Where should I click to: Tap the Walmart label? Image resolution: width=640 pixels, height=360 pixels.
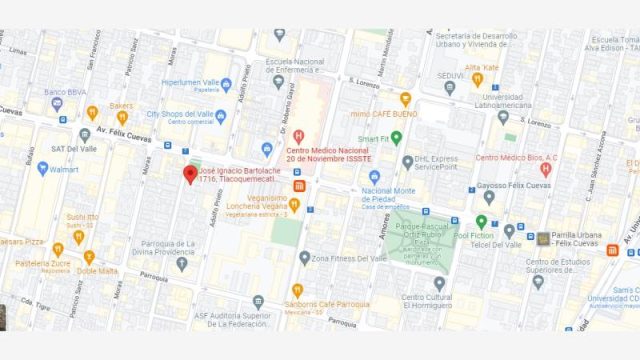point(62,169)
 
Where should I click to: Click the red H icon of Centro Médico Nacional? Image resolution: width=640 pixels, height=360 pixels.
point(298,136)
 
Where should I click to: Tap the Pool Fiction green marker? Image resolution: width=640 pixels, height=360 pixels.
point(481,222)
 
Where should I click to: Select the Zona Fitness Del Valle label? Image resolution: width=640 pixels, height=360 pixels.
point(350,258)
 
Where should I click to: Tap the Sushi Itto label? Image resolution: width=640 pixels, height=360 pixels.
point(82,217)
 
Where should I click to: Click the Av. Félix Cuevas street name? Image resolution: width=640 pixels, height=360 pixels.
point(123,132)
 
